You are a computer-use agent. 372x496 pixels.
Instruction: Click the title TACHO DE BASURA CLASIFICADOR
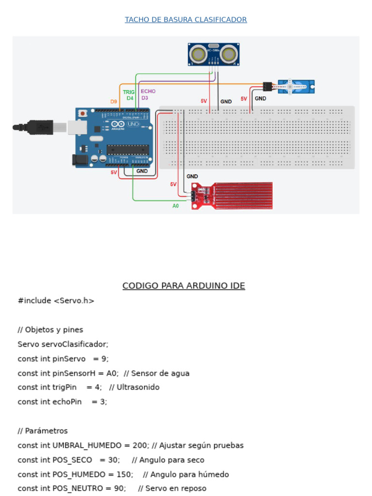(x=186, y=20)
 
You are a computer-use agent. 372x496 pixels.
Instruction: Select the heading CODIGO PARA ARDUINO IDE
(x=184, y=286)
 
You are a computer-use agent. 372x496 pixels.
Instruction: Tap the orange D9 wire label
(x=113, y=102)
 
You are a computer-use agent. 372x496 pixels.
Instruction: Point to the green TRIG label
(x=129, y=92)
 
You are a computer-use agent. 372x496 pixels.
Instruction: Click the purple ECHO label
(x=148, y=91)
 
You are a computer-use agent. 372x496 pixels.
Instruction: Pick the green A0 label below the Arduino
(x=176, y=206)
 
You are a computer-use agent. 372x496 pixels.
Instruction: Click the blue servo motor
(x=296, y=87)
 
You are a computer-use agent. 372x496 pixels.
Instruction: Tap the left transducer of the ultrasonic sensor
(x=198, y=53)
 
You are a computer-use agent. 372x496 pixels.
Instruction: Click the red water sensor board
(x=232, y=196)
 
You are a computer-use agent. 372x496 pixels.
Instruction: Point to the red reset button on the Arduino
(x=83, y=113)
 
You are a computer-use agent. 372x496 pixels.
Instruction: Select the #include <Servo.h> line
(x=56, y=301)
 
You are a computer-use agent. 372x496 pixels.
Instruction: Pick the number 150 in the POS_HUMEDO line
(x=124, y=474)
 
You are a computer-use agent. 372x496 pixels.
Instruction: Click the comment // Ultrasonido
(x=134, y=387)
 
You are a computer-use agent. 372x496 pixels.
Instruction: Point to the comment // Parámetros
(x=43, y=431)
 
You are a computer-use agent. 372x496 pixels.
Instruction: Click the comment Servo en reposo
(x=176, y=488)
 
